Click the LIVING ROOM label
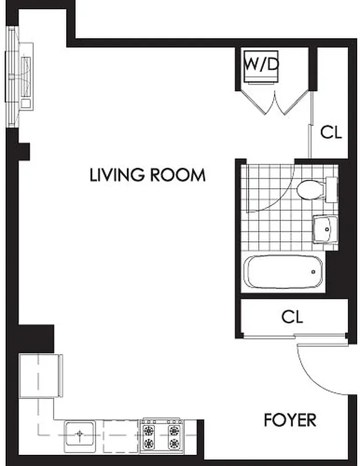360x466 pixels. coord(147,175)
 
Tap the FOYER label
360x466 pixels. coord(290,420)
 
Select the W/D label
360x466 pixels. coord(260,64)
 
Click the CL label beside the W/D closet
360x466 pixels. coord(331,132)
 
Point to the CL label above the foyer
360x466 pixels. coord(292,317)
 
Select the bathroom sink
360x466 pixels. coord(324,229)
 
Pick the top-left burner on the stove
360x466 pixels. coord(149,432)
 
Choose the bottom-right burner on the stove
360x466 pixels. coord(174,444)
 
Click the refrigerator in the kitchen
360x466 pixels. coord(41,376)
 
